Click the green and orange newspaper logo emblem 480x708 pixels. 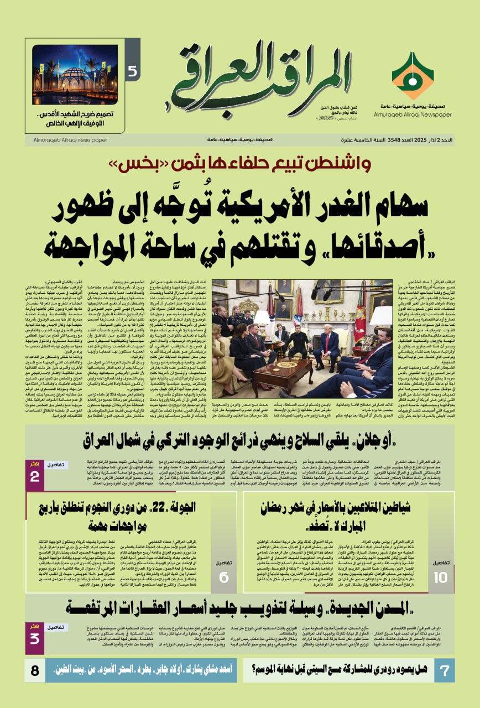[413, 75]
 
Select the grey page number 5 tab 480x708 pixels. [133, 71]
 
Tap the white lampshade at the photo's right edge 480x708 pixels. [382, 316]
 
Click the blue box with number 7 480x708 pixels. [444, 671]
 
